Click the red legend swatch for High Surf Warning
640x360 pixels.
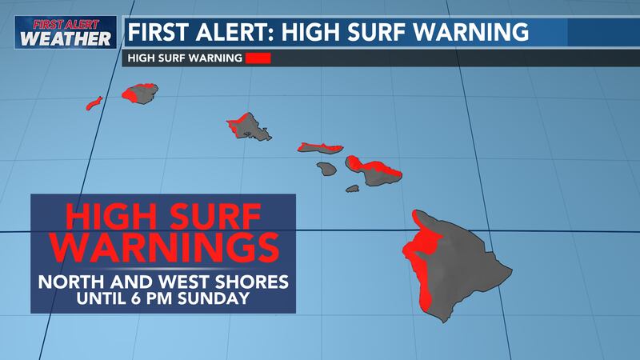tap(259, 58)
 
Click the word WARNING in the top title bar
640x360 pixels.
tap(471, 33)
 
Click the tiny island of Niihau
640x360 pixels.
tap(94, 103)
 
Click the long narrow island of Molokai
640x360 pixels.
tap(320, 148)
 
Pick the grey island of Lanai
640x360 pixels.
tap(326, 169)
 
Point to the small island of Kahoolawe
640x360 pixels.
tap(353, 189)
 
